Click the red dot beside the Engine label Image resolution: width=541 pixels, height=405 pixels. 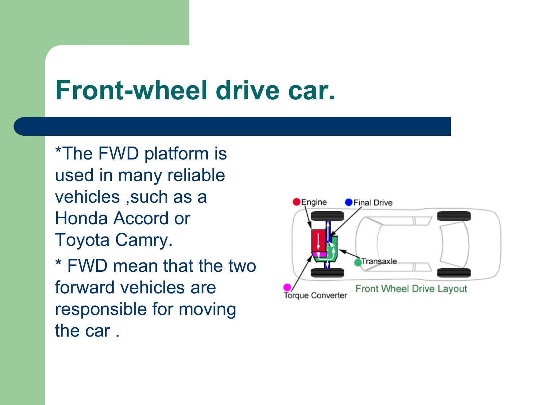pyautogui.click(x=296, y=202)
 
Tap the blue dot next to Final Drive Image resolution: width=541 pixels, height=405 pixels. pyautogui.click(x=349, y=202)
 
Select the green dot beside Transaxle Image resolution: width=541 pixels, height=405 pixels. pyautogui.click(x=358, y=262)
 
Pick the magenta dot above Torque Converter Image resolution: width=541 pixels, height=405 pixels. pyautogui.click(x=287, y=287)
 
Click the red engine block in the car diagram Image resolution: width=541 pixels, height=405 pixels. pyautogui.click(x=319, y=241)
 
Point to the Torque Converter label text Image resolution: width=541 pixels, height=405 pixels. pyautogui.click(x=315, y=295)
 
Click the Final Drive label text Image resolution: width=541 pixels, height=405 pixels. pyautogui.click(x=373, y=203)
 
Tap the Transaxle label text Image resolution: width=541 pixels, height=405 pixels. pyautogui.click(x=379, y=261)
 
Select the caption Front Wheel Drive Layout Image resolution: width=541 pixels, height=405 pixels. pyautogui.click(x=411, y=289)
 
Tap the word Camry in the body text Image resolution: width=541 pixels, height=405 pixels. pyautogui.click(x=144, y=240)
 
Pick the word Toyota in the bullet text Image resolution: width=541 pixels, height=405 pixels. pyautogui.click(x=82, y=240)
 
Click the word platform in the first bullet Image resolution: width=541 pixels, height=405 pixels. pyautogui.click(x=176, y=154)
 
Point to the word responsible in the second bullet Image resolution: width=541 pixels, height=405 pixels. pyautogui.click(x=101, y=309)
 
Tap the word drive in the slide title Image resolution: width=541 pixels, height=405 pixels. pyautogui.click(x=247, y=90)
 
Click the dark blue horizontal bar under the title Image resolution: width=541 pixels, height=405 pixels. pyautogui.click(x=232, y=126)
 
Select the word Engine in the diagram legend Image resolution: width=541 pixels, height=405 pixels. pyautogui.click(x=314, y=202)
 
